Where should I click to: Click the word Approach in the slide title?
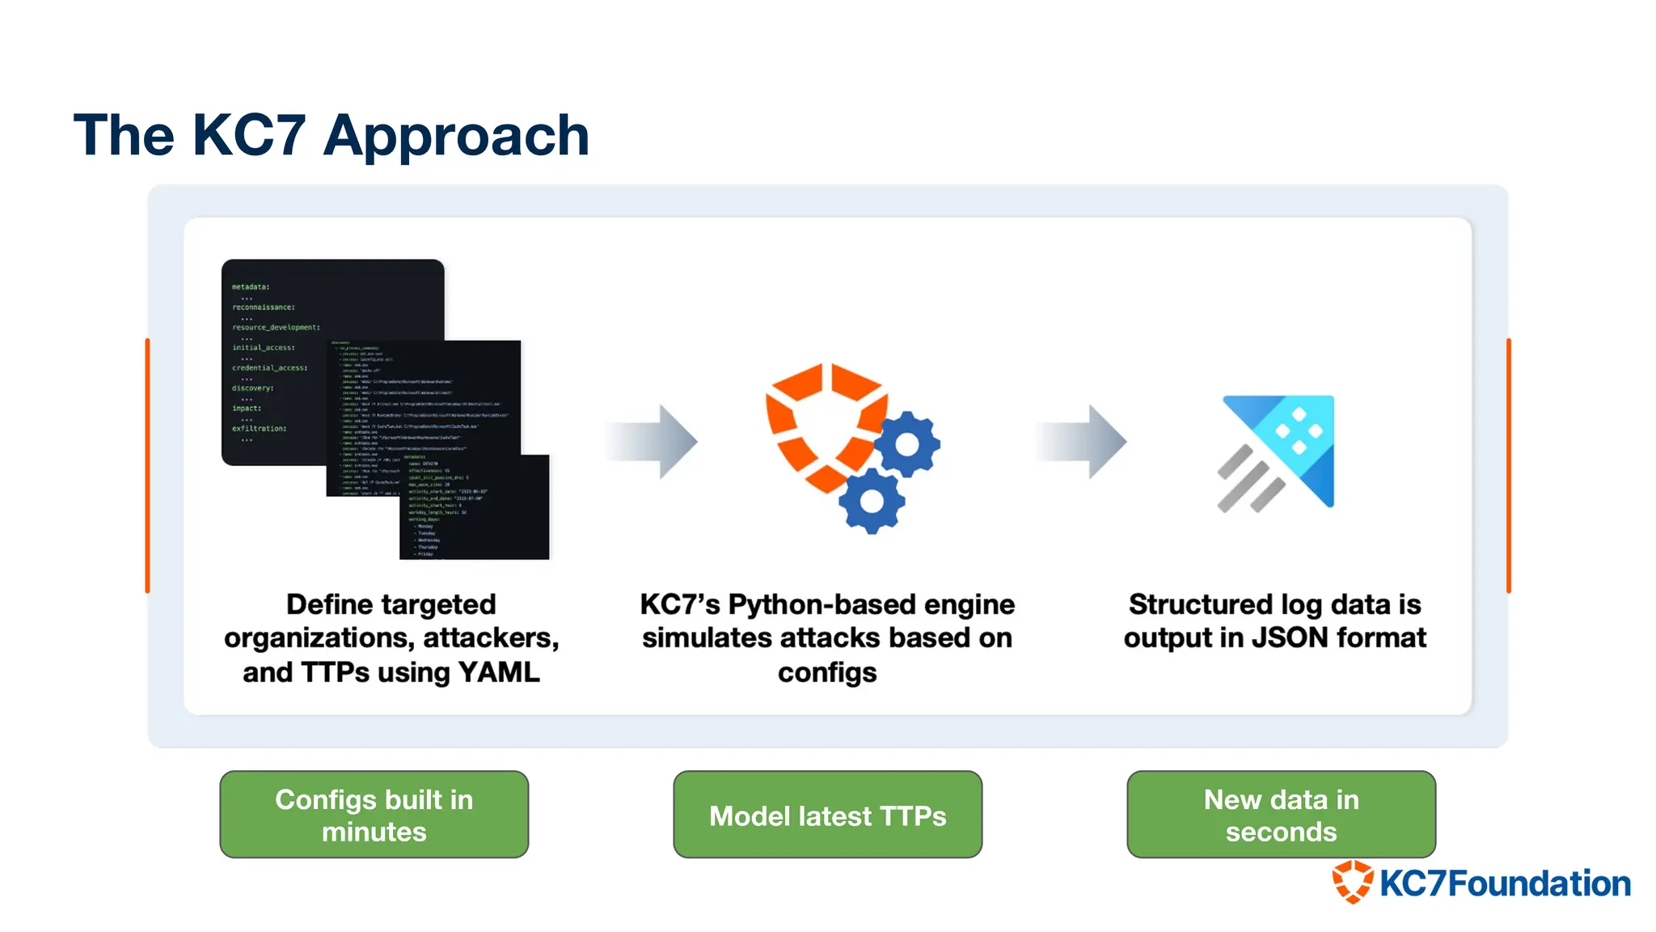456,136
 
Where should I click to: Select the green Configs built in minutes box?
374,815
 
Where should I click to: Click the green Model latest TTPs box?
827,815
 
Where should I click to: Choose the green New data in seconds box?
1281,815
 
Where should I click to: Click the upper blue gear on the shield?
906,444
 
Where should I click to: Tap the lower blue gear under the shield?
871,501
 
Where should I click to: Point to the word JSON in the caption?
1290,638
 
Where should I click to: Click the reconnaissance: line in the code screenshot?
264,307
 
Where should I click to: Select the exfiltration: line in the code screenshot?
259,429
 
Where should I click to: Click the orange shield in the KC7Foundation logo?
1353,882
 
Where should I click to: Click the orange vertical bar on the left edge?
147,465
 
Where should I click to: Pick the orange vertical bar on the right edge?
1508,465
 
